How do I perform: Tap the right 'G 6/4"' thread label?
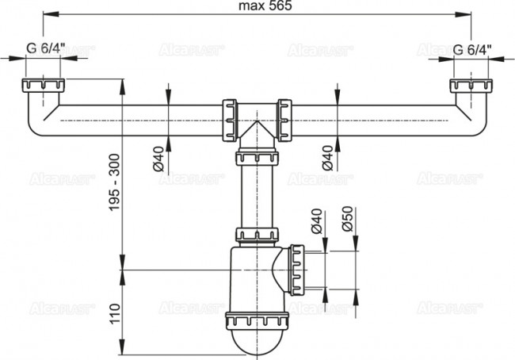coord(473,49)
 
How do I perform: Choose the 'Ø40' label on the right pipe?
coord(327,161)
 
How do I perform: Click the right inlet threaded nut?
coord(467,86)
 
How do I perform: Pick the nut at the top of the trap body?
coord(256,235)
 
